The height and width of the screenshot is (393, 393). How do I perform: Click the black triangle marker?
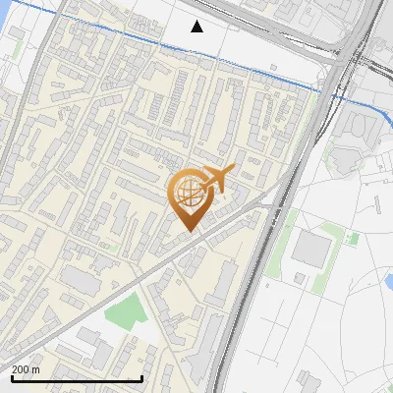pyautogui.click(x=197, y=27)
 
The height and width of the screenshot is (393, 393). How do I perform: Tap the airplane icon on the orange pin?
pyautogui.click(x=217, y=178)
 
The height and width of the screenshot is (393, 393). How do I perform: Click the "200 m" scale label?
pyautogui.click(x=26, y=369)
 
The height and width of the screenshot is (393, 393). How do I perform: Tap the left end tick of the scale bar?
pyautogui.click(x=10, y=377)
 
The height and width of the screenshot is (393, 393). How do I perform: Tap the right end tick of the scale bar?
pyautogui.click(x=142, y=377)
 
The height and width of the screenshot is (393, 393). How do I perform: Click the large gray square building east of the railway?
pyautogui.click(x=310, y=250)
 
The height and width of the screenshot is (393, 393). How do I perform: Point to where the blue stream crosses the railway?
pyautogui.click(x=329, y=91)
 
